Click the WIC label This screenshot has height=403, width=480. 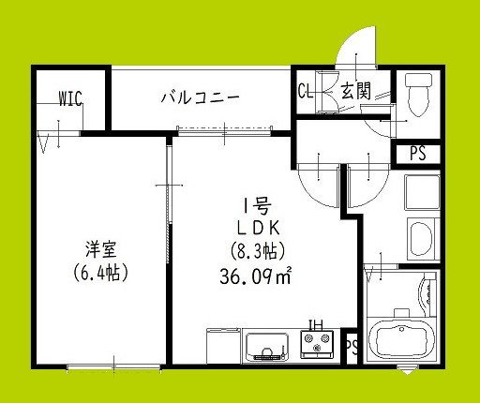(70, 96)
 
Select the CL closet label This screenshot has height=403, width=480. (305, 92)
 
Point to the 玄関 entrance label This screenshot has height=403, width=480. (353, 92)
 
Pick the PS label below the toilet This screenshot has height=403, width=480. (417, 154)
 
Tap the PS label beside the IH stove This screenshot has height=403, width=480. (352, 346)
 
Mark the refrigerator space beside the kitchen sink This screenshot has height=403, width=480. (222, 347)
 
